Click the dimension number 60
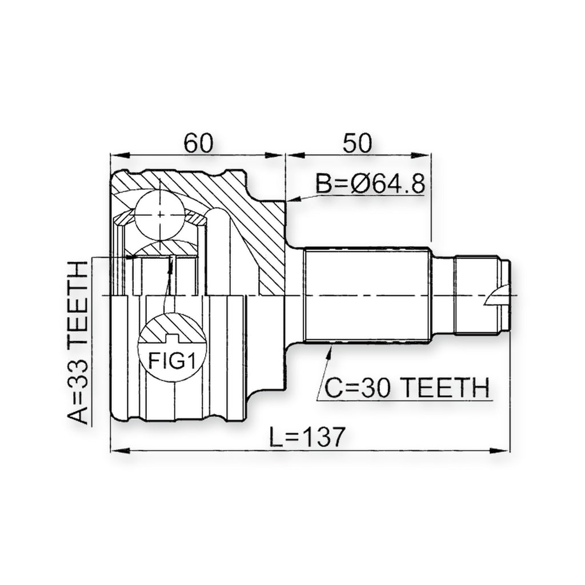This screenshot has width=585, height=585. tap(198, 143)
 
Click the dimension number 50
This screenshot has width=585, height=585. tap(358, 143)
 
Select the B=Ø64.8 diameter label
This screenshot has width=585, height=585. tap(370, 184)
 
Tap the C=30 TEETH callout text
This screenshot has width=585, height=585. tap(407, 387)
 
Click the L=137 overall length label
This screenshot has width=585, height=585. tap(306, 437)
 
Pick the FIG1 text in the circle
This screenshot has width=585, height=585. tap(172, 360)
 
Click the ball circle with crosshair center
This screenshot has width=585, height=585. tap(160, 215)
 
